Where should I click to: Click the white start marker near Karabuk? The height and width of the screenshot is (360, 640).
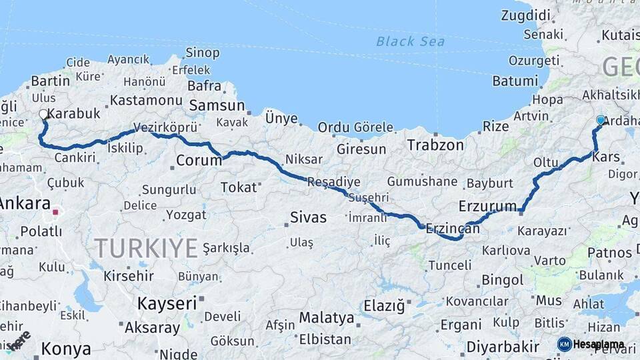43,115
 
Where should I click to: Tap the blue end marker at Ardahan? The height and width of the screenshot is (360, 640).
601,120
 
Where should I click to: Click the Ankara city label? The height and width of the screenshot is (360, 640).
25,204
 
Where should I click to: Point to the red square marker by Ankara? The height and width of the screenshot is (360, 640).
56,213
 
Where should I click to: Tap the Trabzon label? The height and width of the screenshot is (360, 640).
435,145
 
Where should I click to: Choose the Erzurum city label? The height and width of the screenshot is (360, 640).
488,205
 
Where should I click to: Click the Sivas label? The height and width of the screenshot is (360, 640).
309,217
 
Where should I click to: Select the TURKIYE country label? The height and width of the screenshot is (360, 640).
146,249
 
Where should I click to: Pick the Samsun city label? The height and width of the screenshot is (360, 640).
217,106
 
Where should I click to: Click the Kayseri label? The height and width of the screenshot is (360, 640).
167,303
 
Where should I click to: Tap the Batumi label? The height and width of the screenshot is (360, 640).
515,81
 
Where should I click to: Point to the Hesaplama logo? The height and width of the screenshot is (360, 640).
591,344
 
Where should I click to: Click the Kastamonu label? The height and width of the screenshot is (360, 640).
146,100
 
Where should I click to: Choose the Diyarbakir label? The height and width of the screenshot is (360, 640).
503,347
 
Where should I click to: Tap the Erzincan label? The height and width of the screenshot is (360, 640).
452,228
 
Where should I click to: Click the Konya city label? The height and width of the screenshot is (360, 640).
66,349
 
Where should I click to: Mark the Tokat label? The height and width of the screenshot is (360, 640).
239,187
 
